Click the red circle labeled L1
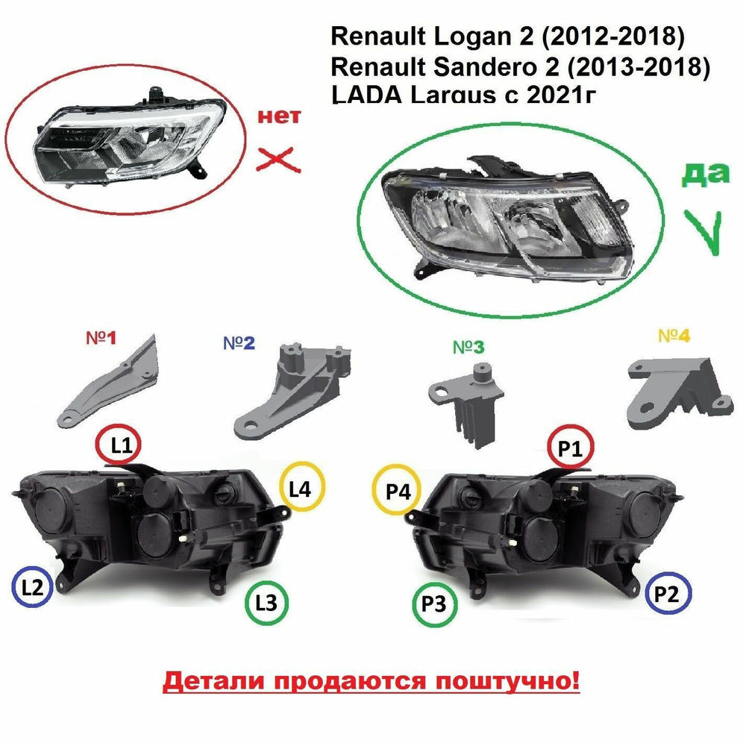click(119, 427)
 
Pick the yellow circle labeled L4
click(302, 464)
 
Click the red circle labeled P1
click(570, 427)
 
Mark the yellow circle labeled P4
click(396, 467)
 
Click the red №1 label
click(101, 338)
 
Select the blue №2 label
click(239, 342)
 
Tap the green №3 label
click(468, 348)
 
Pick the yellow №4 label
click(674, 336)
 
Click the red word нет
click(279, 116)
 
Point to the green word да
click(706, 173)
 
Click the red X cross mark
click(278, 160)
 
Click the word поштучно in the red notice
click(507, 681)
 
